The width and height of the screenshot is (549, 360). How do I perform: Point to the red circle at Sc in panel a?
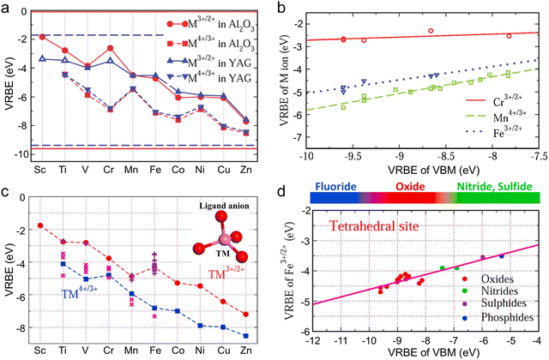[42, 37]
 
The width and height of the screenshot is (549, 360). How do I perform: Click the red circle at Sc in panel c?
[39, 225]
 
